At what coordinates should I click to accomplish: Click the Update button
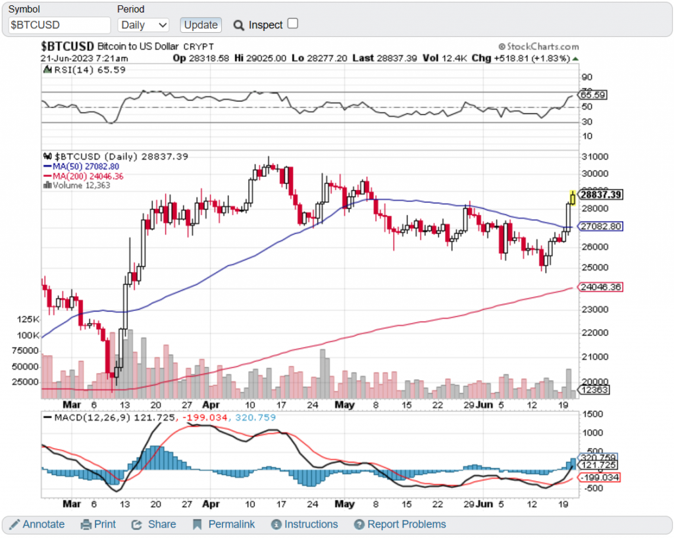pyautogui.click(x=201, y=25)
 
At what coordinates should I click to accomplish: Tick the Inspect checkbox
pyautogui.click(x=293, y=24)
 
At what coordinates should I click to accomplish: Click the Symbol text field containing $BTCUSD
pyautogui.click(x=59, y=25)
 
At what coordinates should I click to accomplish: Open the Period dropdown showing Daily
pyautogui.click(x=143, y=25)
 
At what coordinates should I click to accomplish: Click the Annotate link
pyautogui.click(x=37, y=524)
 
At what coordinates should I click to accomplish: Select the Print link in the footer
pyautogui.click(x=98, y=524)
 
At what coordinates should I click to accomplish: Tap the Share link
pyautogui.click(x=154, y=524)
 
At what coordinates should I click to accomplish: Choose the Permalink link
pyautogui.click(x=224, y=524)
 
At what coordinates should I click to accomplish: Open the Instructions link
pyautogui.click(x=304, y=524)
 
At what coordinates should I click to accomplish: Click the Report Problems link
pyautogui.click(x=400, y=524)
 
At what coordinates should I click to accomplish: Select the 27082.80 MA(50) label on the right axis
pyautogui.click(x=600, y=226)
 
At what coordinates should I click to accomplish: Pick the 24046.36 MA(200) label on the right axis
pyautogui.click(x=600, y=287)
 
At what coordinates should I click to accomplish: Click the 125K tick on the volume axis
pyautogui.click(x=29, y=319)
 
